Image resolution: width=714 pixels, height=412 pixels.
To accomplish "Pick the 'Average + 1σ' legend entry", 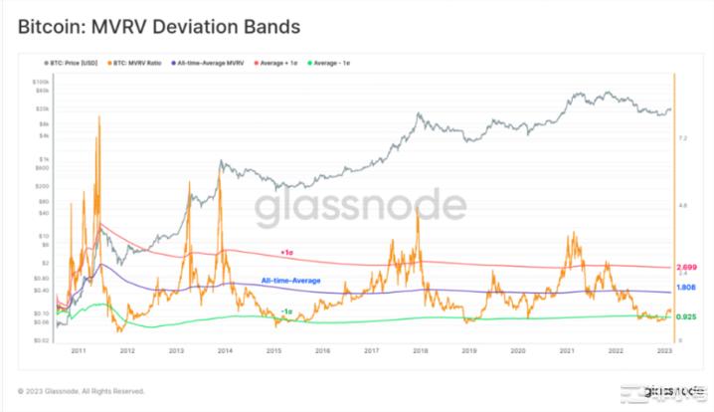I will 282,63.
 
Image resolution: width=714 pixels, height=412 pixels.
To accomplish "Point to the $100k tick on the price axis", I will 41,82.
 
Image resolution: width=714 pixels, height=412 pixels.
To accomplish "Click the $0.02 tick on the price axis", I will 41,340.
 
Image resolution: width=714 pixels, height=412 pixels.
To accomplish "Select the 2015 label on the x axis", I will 272,351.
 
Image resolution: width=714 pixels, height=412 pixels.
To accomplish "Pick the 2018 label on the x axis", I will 420,351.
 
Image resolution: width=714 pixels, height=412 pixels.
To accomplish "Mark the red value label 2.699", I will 685,268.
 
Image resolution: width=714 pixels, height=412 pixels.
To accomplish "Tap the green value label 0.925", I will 685,317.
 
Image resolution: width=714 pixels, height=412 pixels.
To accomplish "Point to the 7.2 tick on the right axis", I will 683,139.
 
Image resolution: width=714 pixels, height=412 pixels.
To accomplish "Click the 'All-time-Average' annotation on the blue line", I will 290,281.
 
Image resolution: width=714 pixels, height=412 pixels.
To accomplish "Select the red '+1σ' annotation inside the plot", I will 286,253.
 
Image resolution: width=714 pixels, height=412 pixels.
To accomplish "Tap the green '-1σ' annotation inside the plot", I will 285,312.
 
